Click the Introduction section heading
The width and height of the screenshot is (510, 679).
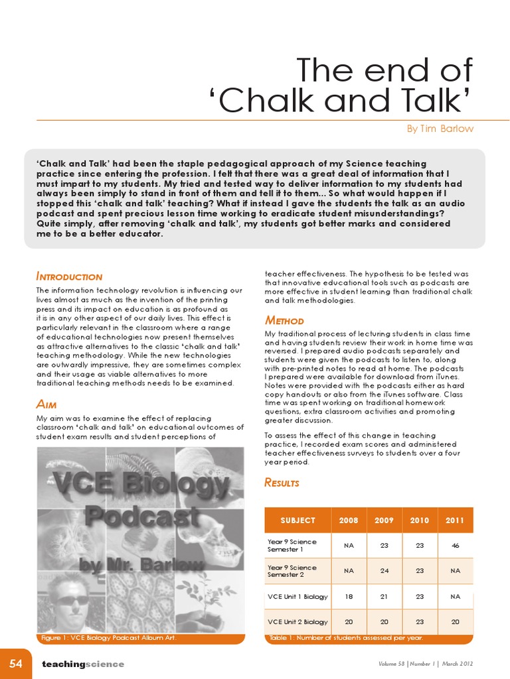[69, 277]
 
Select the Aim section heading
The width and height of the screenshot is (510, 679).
[50, 404]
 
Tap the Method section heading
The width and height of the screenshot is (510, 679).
[284, 320]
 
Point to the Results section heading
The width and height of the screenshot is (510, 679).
[282, 482]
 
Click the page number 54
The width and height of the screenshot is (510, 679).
[16, 664]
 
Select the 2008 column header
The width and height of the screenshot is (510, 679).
[348, 521]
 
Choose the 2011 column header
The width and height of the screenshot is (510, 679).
[455, 521]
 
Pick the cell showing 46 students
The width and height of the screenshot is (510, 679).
[455, 545]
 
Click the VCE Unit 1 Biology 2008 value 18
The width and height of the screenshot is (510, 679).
[348, 596]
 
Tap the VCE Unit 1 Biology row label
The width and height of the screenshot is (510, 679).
[297, 596]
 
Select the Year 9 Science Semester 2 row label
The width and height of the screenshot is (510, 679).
[292, 571]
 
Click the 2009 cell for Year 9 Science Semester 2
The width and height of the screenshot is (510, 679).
[384, 571]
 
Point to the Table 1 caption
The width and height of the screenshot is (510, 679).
[346, 638]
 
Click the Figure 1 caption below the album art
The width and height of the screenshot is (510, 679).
[108, 638]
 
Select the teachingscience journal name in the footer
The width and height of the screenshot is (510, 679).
[83, 664]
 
